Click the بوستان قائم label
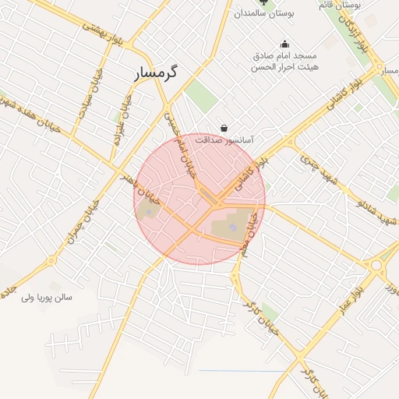point(339,5)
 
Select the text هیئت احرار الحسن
point(284,68)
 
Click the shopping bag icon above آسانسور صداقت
point(224,128)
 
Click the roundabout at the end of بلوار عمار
point(378,266)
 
